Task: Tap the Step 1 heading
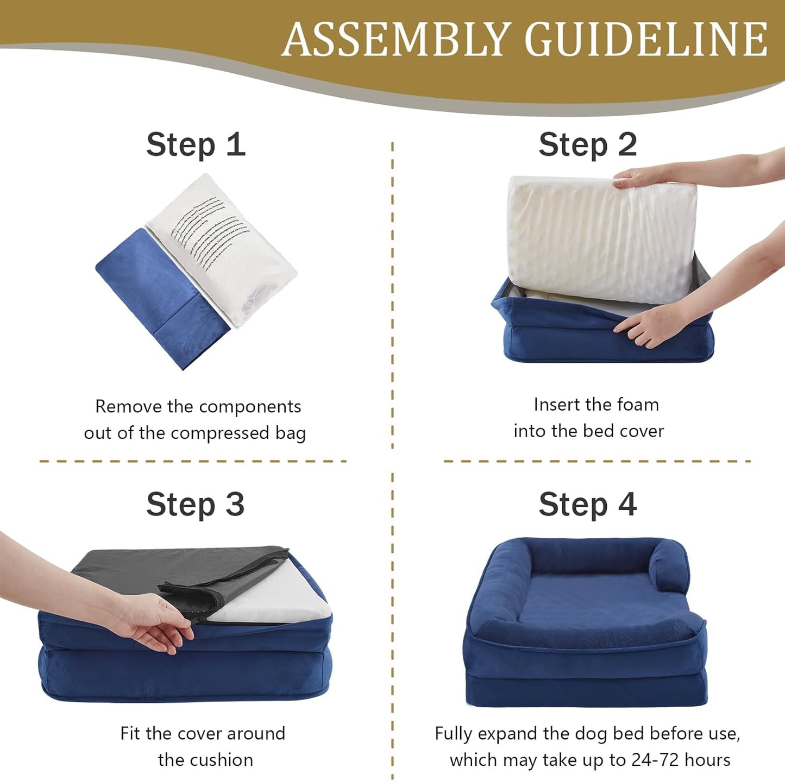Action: point(196,145)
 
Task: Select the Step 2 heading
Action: point(588,145)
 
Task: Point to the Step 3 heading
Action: point(196,505)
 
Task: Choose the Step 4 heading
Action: point(588,505)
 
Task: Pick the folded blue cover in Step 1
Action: point(160,296)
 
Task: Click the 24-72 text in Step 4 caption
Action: point(655,759)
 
